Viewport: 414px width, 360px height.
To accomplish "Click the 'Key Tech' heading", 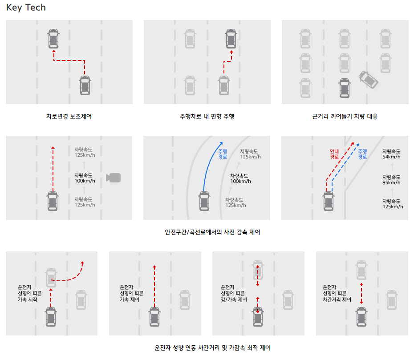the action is (26, 8).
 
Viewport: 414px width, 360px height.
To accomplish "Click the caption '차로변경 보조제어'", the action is (69, 117).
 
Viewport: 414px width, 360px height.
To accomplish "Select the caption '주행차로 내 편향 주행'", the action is (207, 117).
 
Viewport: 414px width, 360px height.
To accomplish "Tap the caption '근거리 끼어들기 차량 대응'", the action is (345, 117).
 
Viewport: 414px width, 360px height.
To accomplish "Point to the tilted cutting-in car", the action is (369, 80).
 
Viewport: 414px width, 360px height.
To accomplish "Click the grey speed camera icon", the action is (113, 178).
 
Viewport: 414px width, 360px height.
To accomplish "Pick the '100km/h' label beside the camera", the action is (85, 181).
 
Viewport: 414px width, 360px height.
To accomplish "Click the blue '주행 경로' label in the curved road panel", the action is (223, 154).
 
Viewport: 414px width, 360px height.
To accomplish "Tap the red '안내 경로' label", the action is (334, 154).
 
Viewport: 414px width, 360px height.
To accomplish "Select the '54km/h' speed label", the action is (391, 157).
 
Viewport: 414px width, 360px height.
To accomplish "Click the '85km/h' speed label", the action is (391, 182).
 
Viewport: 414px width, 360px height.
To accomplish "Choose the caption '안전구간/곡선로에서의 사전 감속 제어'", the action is (212, 232).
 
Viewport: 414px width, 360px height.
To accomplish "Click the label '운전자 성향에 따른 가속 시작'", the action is (29, 293).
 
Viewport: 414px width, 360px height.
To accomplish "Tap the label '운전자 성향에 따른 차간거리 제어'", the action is (337, 293).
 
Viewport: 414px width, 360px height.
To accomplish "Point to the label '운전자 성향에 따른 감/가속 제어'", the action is (234, 293).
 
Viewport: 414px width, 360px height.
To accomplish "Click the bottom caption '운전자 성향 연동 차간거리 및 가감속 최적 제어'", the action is (212, 348).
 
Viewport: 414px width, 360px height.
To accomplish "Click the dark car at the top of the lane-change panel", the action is (53, 39).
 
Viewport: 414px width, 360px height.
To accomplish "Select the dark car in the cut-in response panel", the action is (345, 88).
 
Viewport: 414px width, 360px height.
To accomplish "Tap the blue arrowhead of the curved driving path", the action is (221, 143).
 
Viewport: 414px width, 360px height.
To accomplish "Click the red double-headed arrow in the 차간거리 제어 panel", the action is (361, 293).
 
